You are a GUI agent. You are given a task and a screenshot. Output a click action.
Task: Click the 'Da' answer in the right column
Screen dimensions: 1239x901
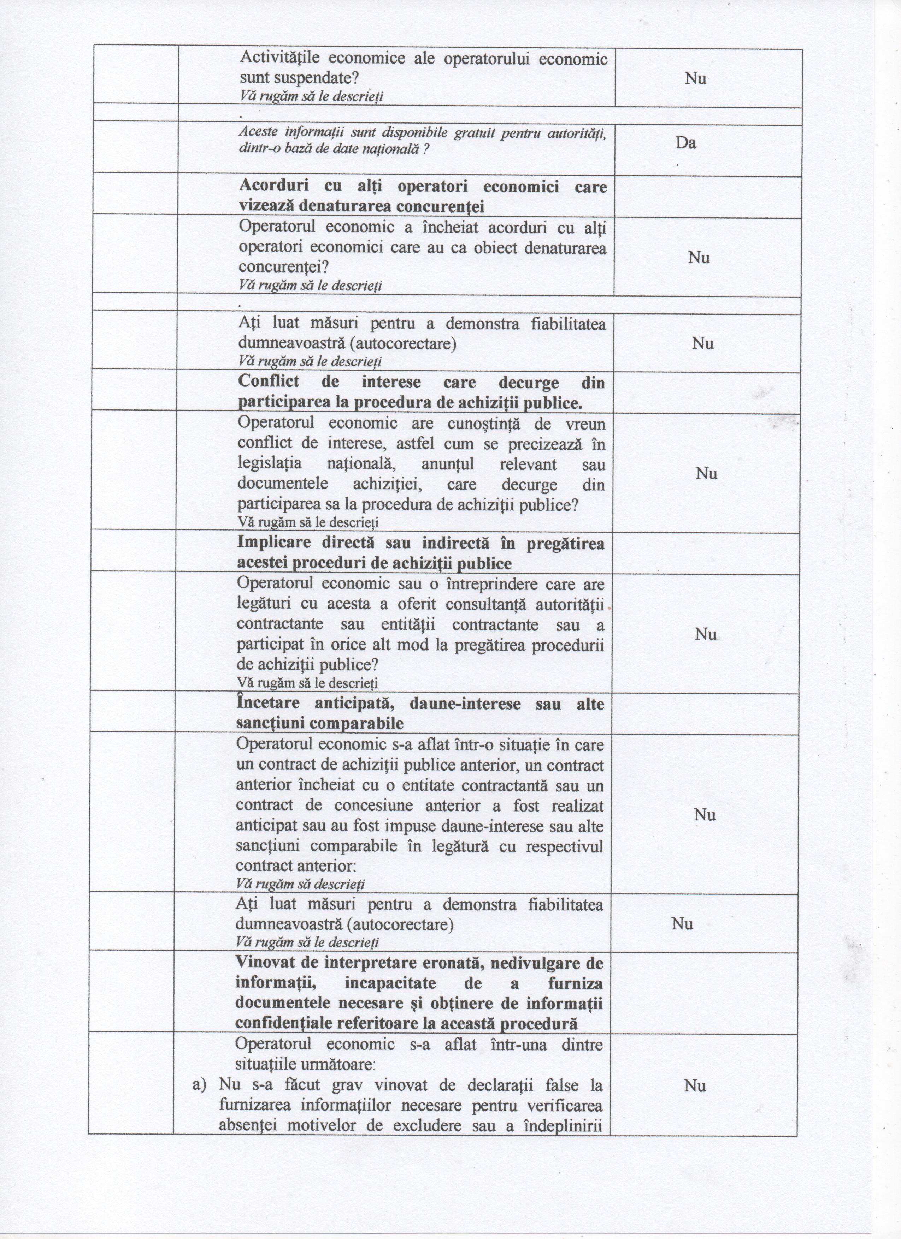tap(685, 143)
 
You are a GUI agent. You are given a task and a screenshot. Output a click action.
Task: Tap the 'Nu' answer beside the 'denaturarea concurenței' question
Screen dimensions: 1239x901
tap(698, 257)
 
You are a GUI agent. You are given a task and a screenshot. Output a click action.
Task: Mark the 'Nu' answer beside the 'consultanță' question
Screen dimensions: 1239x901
tap(705, 634)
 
